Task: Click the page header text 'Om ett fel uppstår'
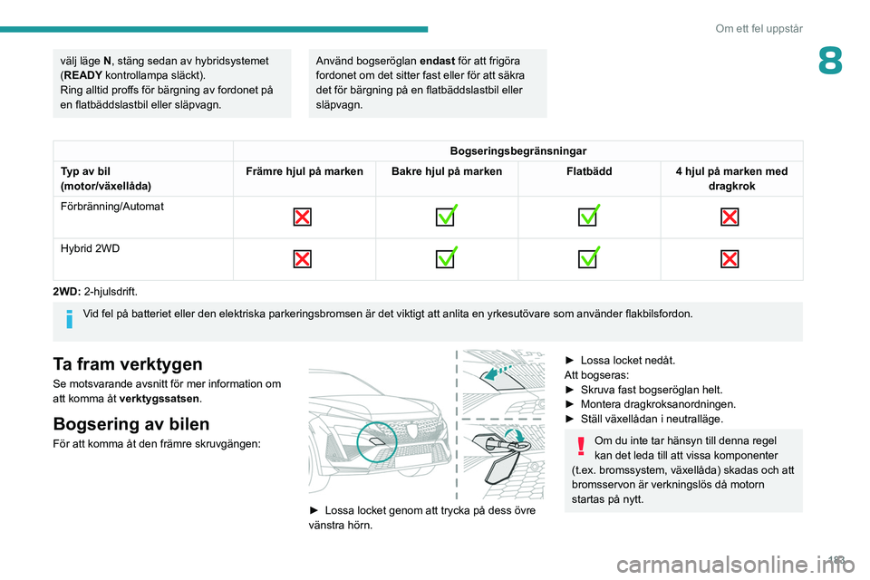click(x=759, y=28)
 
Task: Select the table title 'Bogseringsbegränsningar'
click(x=517, y=150)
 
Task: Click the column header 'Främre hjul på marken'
click(x=303, y=171)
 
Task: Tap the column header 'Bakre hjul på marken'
click(x=447, y=171)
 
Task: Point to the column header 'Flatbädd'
click(x=589, y=171)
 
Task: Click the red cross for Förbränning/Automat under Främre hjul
click(x=303, y=217)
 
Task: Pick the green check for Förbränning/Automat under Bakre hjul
click(x=447, y=217)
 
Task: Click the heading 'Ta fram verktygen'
click(x=127, y=364)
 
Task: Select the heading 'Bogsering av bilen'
click(x=131, y=423)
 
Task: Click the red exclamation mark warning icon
click(x=580, y=443)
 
